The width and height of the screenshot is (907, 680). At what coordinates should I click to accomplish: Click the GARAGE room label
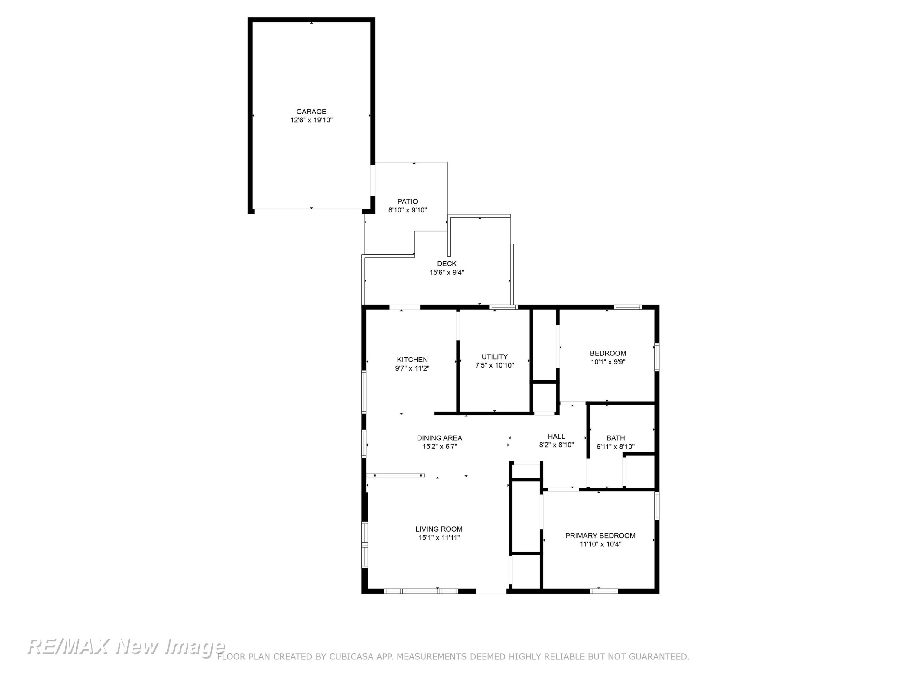(311, 112)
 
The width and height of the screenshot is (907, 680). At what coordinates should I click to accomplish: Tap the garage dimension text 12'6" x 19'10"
(311, 120)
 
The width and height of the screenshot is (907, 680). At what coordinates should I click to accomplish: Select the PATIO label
(408, 202)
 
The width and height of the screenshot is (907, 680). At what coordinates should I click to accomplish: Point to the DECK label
(447, 264)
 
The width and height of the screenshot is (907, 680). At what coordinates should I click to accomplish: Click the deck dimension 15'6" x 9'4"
(447, 273)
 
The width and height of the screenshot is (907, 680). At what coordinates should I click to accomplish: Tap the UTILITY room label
(495, 357)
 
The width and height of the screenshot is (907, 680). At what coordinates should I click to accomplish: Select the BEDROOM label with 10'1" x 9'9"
(608, 353)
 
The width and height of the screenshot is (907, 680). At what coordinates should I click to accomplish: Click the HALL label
(556, 436)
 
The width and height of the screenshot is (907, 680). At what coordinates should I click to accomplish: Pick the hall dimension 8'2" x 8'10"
(556, 445)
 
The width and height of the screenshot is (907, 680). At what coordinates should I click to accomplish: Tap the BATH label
(616, 438)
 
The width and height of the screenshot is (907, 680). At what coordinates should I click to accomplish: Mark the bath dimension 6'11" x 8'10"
(616, 447)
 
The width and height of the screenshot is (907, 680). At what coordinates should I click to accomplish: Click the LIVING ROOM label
(439, 529)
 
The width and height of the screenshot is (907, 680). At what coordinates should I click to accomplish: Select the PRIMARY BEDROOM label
(600, 536)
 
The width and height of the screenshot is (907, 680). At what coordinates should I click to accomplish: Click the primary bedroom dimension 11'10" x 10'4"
(600, 544)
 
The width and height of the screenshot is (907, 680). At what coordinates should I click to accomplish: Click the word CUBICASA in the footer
(351, 657)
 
